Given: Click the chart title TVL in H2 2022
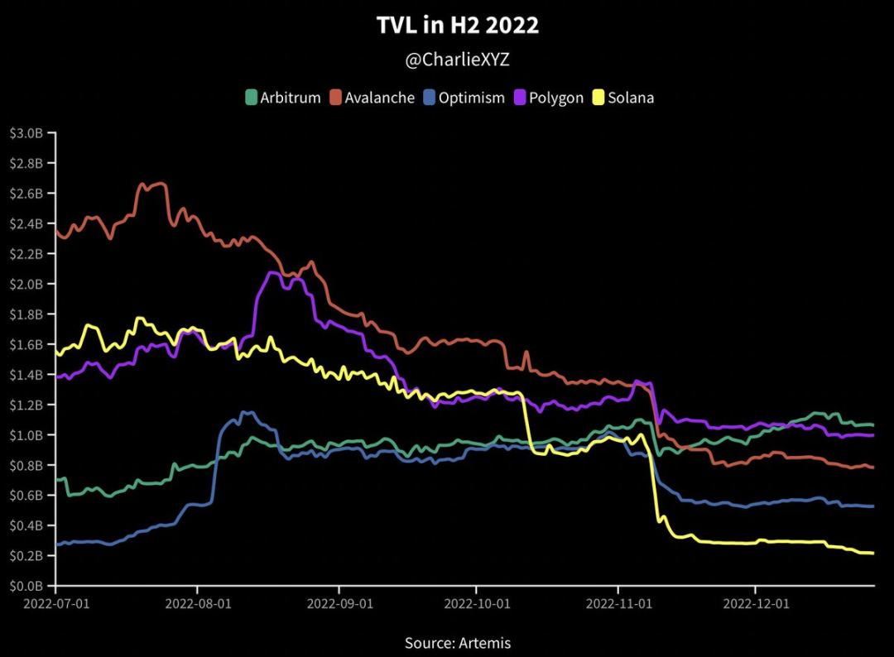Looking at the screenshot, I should pyautogui.click(x=457, y=26).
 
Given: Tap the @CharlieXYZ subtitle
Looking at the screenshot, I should pyautogui.click(x=457, y=61).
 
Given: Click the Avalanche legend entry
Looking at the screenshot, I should pyautogui.click(x=372, y=98).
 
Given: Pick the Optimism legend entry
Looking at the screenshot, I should pyautogui.click(x=463, y=98).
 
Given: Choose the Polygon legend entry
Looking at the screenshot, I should pyautogui.click(x=547, y=98).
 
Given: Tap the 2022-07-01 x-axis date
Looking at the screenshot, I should pyautogui.click(x=56, y=603).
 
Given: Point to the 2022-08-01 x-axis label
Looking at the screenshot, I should pyautogui.click(x=198, y=603).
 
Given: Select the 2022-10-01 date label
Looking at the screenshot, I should pyautogui.click(x=477, y=603).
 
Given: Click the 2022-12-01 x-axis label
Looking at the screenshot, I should pyautogui.click(x=756, y=603).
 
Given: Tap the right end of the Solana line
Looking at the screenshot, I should pyautogui.click(x=872, y=553).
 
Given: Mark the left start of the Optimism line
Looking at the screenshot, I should pyautogui.click(x=57, y=544).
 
